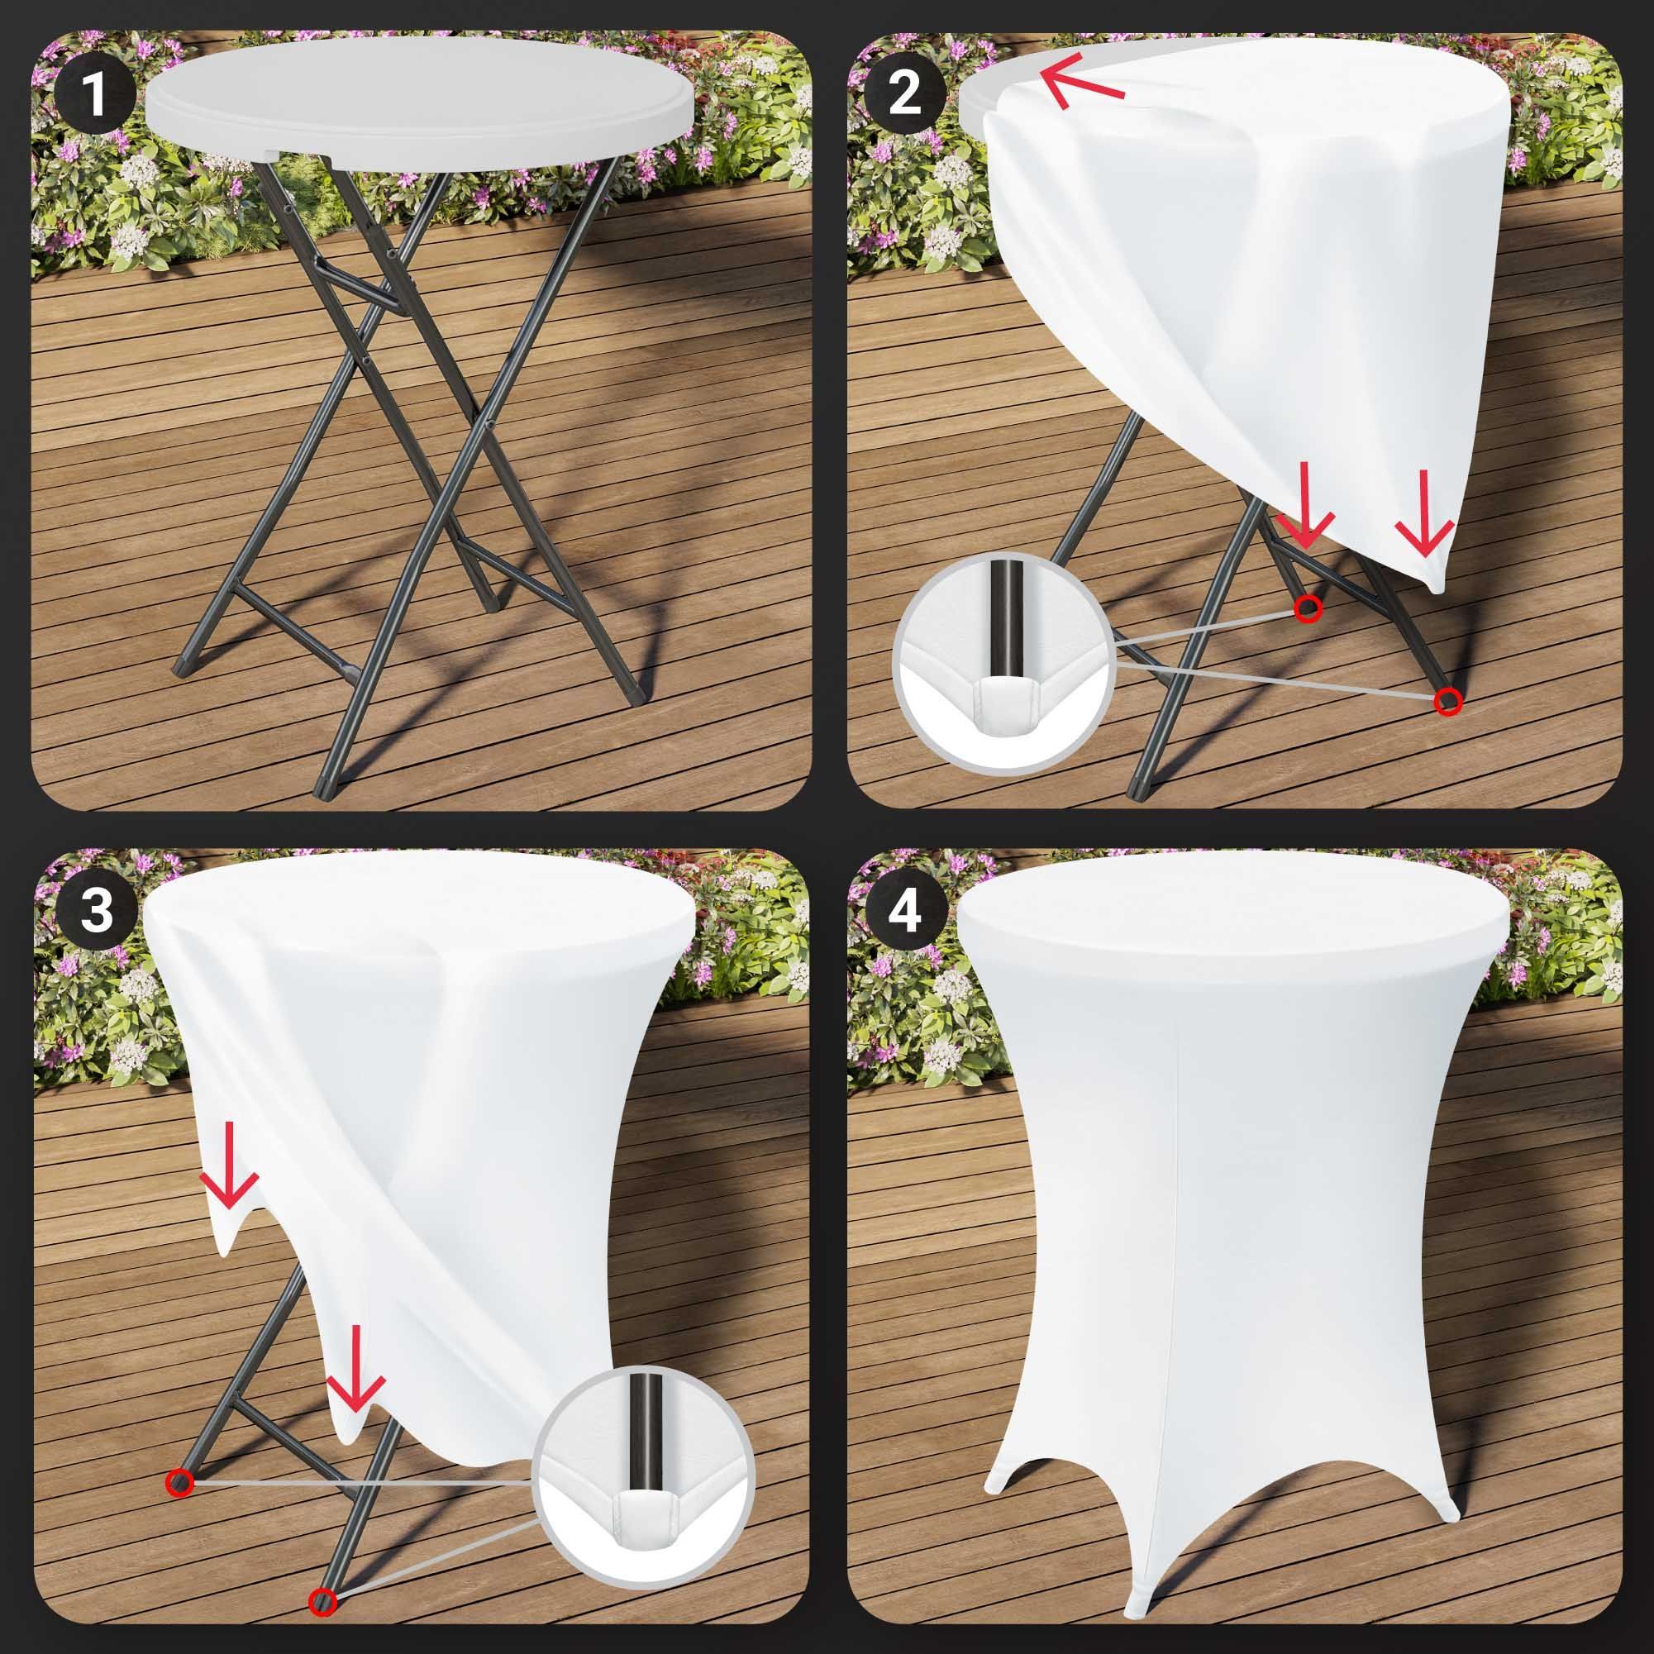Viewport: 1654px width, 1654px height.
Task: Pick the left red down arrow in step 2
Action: point(1304,506)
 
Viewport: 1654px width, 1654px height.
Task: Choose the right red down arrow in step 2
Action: point(1424,512)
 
